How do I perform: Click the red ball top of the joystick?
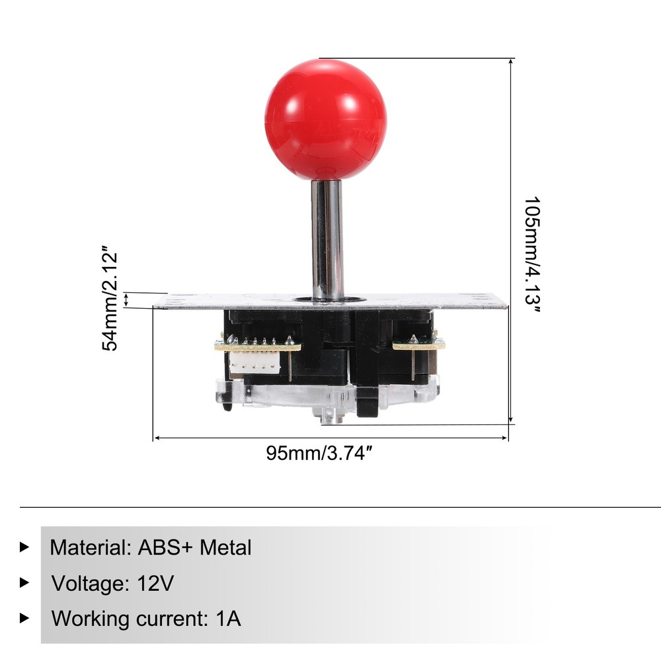(325, 119)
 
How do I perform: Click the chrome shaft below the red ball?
(327, 238)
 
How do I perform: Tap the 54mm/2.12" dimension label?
(112, 301)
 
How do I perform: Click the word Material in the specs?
(88, 548)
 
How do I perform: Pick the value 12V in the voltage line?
(157, 584)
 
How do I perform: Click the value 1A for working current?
(227, 619)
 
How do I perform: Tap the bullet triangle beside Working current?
(25, 619)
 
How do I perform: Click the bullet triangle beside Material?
(25, 547)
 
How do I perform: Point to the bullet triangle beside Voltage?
(25, 583)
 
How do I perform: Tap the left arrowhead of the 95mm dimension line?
(156, 438)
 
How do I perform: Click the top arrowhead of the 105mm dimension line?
(511, 61)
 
